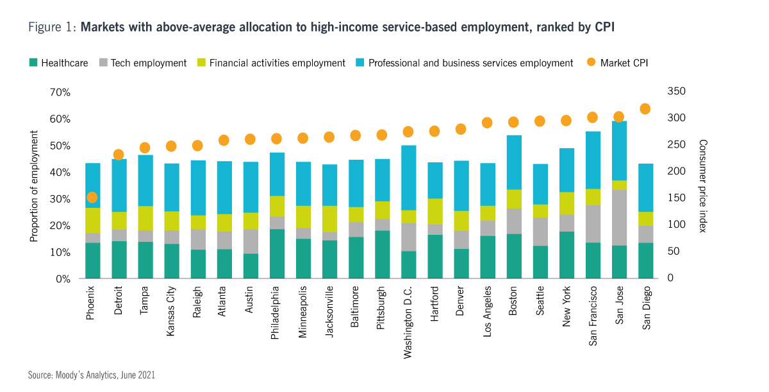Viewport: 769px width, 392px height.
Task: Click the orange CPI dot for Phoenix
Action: pyautogui.click(x=92, y=198)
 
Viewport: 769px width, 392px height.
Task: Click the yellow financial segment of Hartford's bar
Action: pyautogui.click(x=435, y=211)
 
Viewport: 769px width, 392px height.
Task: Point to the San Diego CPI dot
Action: pyautogui.click(x=645, y=108)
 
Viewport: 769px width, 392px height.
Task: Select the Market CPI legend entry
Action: pyautogui.click(x=619, y=63)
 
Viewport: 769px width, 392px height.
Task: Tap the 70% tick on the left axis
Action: pyautogui.click(x=59, y=92)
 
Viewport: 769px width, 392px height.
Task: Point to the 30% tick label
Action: pyautogui.click(x=59, y=199)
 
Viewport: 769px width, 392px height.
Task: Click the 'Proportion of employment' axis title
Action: pyautogui.click(x=35, y=186)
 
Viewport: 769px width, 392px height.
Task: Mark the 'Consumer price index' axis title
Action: pyautogui.click(x=703, y=186)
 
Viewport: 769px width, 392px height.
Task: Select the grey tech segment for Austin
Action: pyautogui.click(x=251, y=241)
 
